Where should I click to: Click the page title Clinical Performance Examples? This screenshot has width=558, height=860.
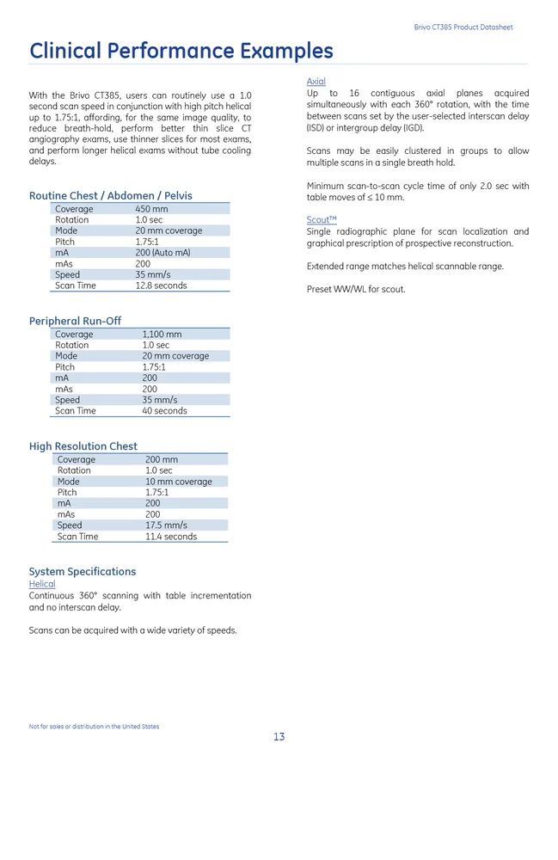pos(181,51)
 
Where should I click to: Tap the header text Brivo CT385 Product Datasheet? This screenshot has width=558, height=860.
pos(463,28)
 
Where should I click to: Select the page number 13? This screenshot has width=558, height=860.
pos(279,737)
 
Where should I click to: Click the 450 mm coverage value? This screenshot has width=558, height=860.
pos(151,209)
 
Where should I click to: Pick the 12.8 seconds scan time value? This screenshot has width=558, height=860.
pos(161,286)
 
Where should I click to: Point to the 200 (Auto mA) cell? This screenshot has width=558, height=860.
pos(162,253)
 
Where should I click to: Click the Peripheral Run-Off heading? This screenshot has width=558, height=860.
pos(75,321)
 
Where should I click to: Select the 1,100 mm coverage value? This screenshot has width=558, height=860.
pos(162,335)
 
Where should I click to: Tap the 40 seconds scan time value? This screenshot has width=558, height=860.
pos(164,411)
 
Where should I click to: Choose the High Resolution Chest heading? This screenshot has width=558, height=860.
pos(83,446)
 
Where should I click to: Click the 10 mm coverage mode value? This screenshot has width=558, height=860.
pos(178,482)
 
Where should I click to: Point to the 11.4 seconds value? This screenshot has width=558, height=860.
pos(170,537)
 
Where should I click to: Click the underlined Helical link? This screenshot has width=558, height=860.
pos(42,584)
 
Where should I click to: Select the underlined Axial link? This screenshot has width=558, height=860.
pos(316,82)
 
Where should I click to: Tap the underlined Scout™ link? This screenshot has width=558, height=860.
pos(322,220)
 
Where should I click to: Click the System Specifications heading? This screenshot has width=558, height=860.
pos(83,572)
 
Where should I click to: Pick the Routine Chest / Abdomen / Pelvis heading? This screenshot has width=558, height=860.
pos(111,196)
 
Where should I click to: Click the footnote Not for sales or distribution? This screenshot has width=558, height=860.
pos(94,727)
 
